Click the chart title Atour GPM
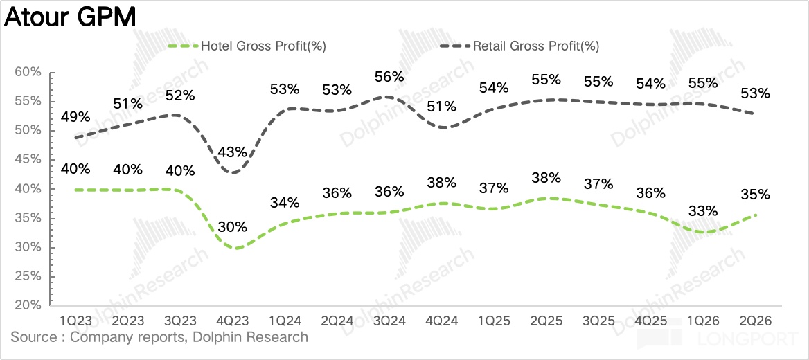point(70,17)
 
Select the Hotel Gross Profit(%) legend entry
point(248,46)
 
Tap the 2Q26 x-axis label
point(755,321)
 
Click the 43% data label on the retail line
point(233,152)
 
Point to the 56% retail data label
point(389,77)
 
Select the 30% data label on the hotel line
point(233,226)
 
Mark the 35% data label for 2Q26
point(756,195)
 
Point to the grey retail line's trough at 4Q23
point(234,173)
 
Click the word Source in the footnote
point(33,338)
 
